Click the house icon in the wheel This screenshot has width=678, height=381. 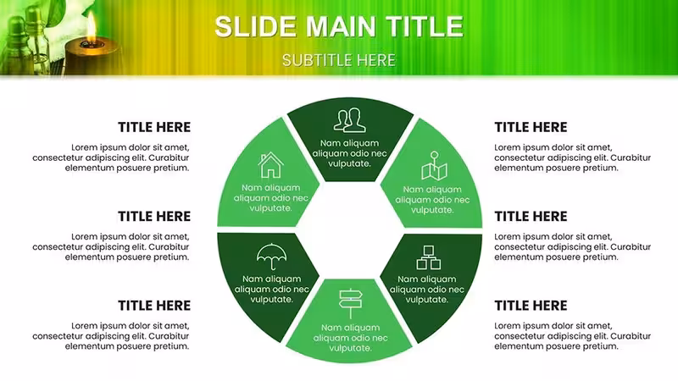pos(270,165)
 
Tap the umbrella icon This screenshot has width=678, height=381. pos(271,257)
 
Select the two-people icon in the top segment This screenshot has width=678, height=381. pos(350,120)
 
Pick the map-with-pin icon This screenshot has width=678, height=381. pos(434,166)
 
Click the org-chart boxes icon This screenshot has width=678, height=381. pos(429,258)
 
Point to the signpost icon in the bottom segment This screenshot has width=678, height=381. pos(351,303)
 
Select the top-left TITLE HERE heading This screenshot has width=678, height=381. pos(154,127)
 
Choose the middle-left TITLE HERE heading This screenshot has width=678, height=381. pos(154,216)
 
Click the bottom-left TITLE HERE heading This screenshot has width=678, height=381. pos(154,306)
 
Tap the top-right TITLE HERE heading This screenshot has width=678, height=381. pos(531,127)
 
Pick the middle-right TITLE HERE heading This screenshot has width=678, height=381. pos(531,216)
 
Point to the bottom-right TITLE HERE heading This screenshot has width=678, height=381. pos(531,306)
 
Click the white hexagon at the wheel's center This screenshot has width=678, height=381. pos(350,230)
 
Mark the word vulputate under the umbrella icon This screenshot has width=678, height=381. pos(270,300)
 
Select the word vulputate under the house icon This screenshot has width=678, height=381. pos(270,208)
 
